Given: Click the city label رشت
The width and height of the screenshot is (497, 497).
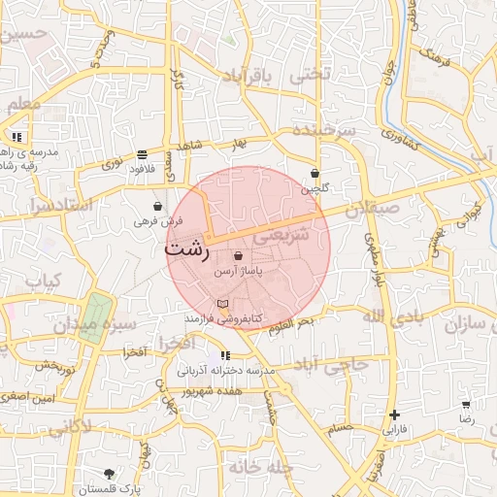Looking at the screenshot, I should click(x=186, y=248).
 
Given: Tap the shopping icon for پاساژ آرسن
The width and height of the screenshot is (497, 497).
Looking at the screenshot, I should click(x=239, y=255).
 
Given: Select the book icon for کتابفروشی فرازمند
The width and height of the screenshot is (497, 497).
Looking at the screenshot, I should click(x=222, y=305).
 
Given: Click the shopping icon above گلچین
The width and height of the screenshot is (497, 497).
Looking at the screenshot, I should click(x=315, y=174).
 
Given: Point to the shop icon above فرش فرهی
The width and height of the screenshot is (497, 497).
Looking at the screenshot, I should click(x=158, y=206).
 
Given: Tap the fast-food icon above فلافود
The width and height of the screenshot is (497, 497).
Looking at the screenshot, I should click(x=143, y=154).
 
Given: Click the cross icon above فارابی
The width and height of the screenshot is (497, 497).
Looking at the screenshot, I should click(x=393, y=414).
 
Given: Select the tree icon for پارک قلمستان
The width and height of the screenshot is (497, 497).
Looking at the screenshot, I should click(x=108, y=473).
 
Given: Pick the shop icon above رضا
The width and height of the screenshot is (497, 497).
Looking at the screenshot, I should click(x=466, y=404).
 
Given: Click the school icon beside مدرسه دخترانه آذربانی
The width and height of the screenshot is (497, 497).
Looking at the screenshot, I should click(x=226, y=355).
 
